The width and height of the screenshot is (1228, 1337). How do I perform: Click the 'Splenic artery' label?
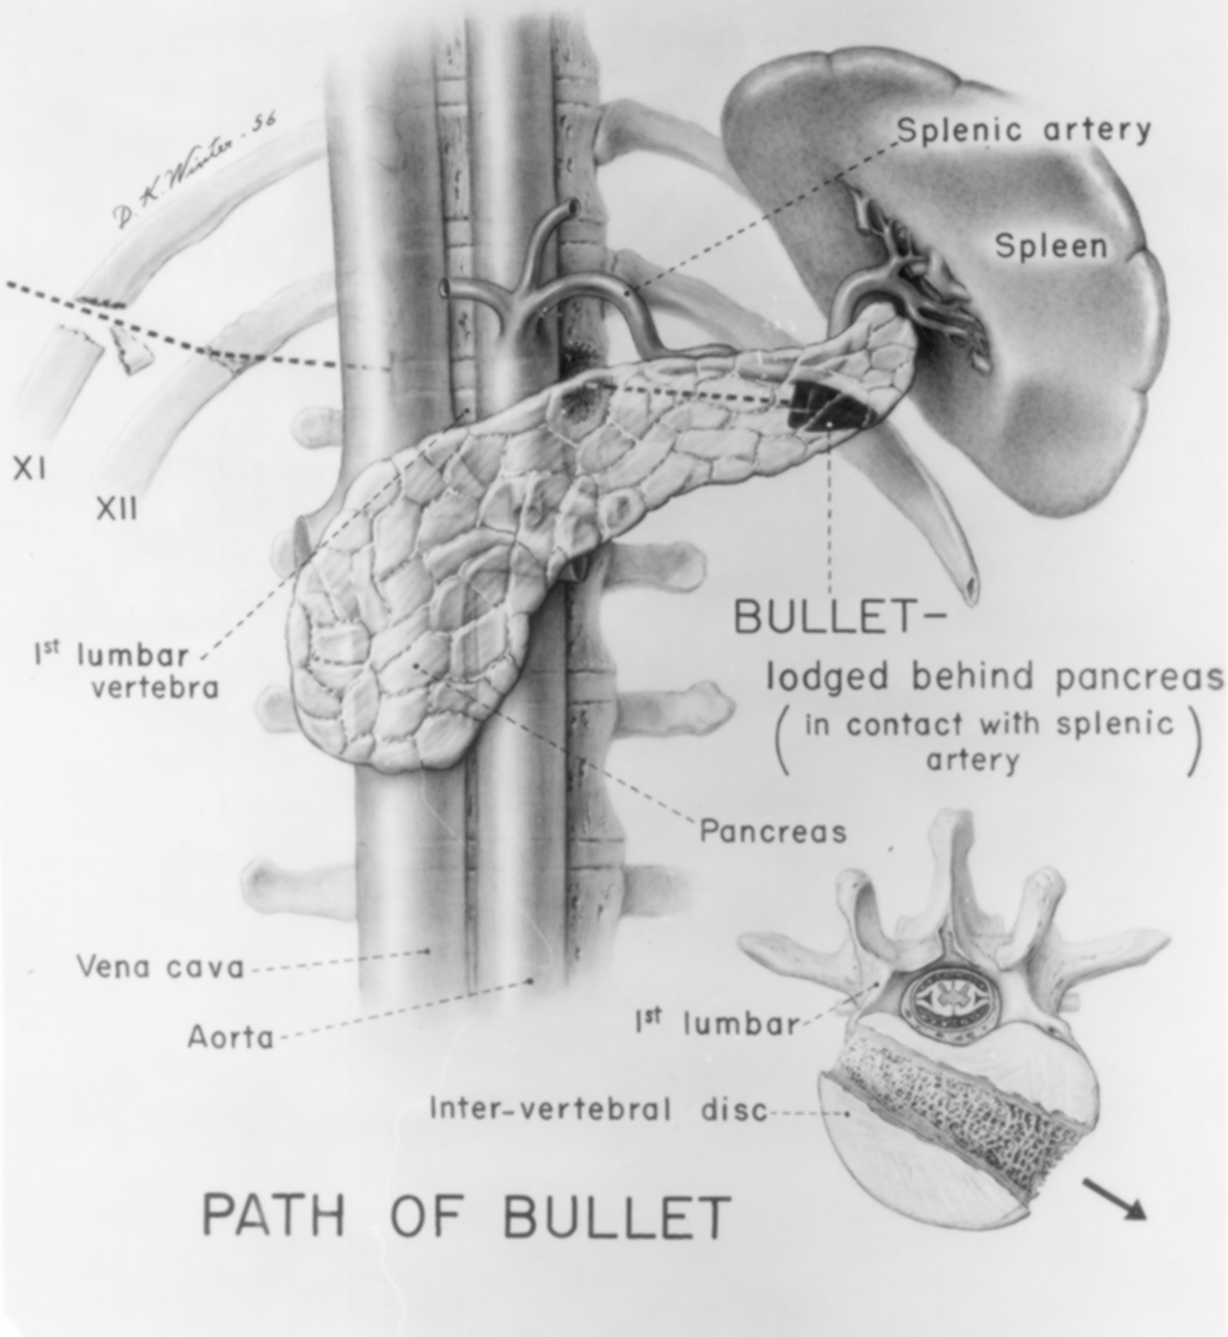1024,130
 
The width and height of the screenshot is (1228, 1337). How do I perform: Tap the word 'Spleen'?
1051,246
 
